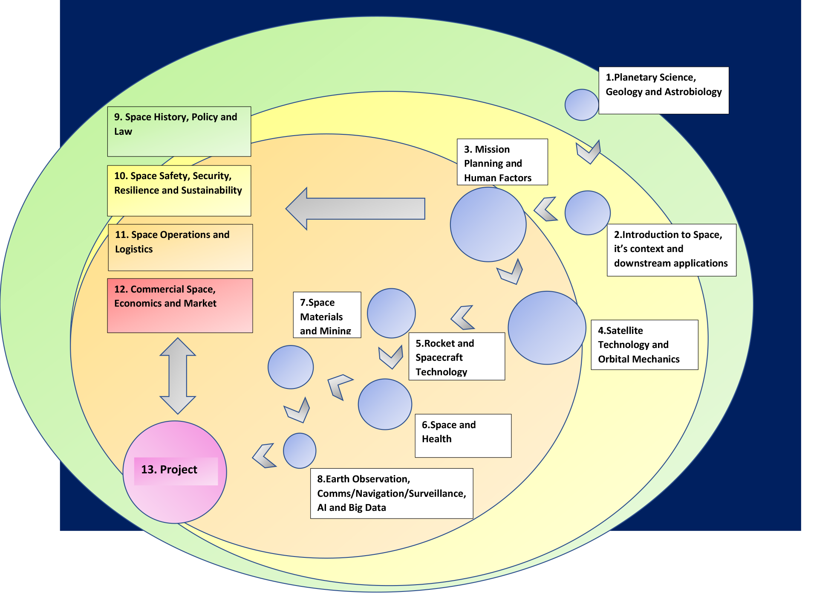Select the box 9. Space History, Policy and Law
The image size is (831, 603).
tap(179, 131)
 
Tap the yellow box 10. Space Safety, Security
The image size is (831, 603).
tap(179, 191)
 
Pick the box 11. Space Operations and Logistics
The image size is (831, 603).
tap(180, 247)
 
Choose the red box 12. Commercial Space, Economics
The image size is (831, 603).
tap(180, 305)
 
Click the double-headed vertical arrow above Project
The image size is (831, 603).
tap(178, 376)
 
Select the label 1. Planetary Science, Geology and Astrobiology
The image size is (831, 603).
tap(664, 90)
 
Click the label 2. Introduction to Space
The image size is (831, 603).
tap(671, 250)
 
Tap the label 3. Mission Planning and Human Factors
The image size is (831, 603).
tap(502, 162)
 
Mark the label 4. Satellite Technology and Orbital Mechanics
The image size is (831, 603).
tap(644, 345)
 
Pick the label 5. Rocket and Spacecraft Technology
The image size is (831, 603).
tap(456, 357)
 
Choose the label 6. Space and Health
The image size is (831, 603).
tap(463, 435)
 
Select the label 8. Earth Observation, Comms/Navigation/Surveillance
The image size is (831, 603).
tap(391, 493)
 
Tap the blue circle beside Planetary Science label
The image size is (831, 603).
tap(582, 105)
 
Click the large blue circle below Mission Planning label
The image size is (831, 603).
tap(488, 224)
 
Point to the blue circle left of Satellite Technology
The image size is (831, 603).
tap(547, 328)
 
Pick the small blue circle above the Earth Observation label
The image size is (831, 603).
tap(300, 451)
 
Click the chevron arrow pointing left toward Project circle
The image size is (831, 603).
tap(264, 456)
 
